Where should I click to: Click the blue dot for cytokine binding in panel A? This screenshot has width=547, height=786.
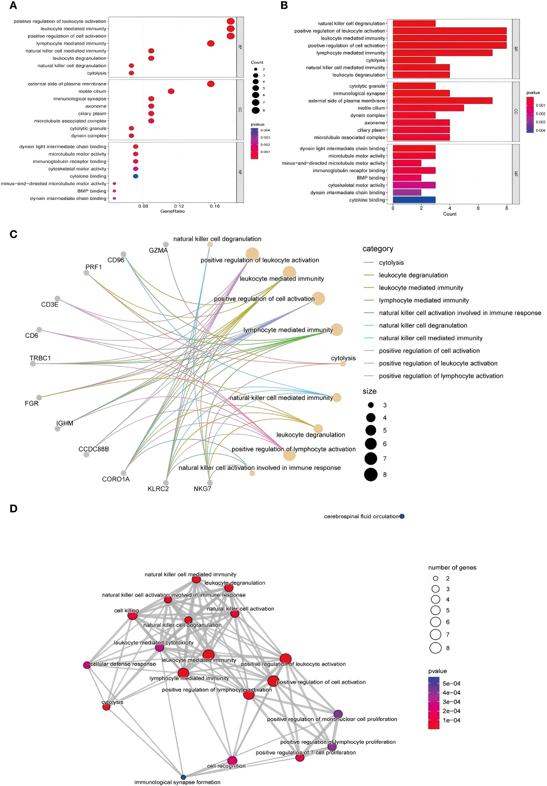[136, 176]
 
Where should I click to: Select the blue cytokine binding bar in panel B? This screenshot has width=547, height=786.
[414, 200]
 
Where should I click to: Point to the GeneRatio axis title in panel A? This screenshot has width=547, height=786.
[172, 211]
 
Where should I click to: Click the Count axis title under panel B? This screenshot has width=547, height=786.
[449, 214]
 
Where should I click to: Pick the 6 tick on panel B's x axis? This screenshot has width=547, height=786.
[478, 208]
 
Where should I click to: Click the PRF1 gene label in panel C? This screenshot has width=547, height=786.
[93, 267]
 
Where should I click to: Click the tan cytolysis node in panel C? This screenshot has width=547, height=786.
[343, 364]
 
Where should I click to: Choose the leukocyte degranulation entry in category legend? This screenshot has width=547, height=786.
[413, 275]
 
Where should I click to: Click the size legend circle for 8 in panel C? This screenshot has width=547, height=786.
[371, 474]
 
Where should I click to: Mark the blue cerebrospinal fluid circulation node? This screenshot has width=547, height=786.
[402, 516]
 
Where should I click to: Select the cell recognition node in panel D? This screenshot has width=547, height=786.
[232, 761]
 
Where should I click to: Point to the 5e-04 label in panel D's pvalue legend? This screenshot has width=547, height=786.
[451, 683]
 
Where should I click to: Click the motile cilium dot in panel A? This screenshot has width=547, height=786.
[171, 91]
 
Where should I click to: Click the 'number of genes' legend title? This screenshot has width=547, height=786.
[452, 568]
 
